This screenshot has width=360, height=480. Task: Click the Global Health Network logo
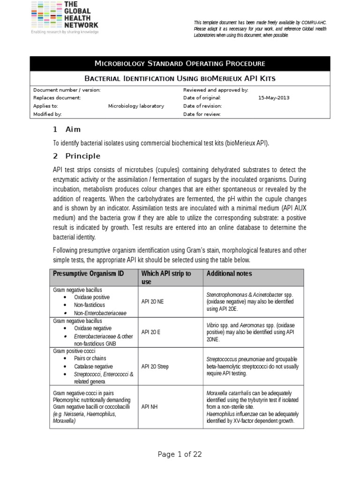(64, 17)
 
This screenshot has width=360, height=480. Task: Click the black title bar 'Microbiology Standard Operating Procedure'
(180, 63)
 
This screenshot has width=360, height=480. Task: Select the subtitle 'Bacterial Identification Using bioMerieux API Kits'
(180, 78)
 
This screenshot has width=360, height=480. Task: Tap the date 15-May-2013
(274, 98)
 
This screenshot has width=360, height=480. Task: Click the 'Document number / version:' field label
(67, 90)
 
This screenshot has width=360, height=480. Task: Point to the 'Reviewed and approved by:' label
(215, 90)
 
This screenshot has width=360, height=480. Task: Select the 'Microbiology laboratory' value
(136, 106)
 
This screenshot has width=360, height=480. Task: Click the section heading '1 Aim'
(67, 129)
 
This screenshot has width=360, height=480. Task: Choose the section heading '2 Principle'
(76, 156)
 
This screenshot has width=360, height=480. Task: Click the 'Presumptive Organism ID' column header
(89, 274)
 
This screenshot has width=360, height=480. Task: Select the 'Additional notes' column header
(229, 274)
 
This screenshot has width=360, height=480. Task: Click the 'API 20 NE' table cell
(152, 301)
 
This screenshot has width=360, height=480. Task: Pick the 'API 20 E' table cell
(151, 332)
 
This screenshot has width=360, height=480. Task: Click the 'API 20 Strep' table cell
(155, 367)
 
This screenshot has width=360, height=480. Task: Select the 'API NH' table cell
(150, 407)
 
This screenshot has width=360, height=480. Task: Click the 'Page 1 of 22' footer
(180, 454)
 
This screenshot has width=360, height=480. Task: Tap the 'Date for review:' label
(202, 114)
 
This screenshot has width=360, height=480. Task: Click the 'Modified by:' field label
(47, 114)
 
